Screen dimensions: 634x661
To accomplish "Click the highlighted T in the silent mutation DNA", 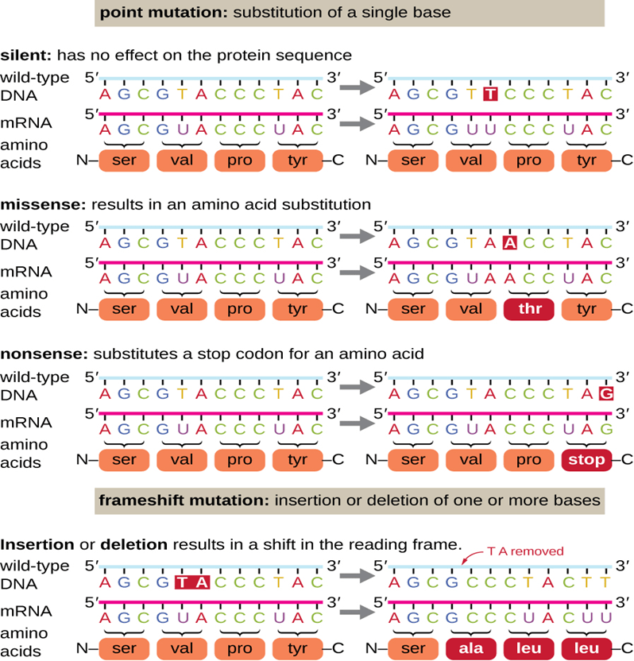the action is point(491,94).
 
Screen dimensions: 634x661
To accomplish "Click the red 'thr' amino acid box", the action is point(529,310).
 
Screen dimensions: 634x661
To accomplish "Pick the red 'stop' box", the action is point(586,458).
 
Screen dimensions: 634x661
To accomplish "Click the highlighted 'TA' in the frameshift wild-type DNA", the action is point(191,582).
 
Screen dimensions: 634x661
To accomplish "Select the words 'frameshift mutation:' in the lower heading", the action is point(182,501).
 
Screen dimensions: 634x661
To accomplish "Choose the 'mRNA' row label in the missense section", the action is point(26,272).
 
